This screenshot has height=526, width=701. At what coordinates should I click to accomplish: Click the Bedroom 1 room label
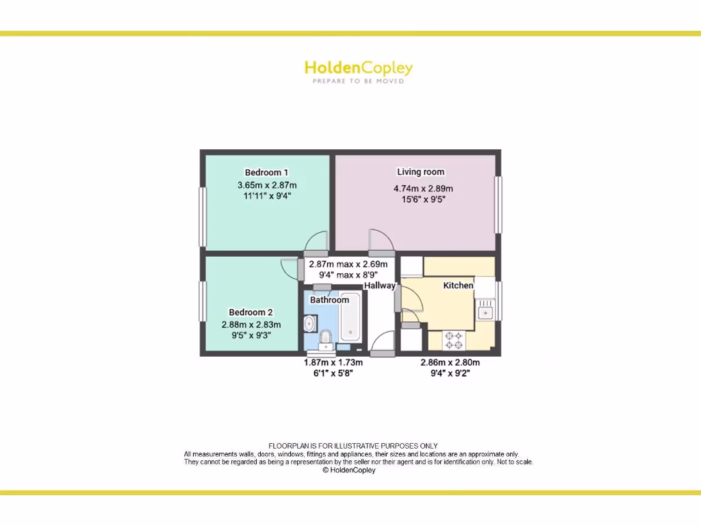click(x=266, y=172)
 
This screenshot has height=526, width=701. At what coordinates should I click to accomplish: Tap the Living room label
click(x=420, y=172)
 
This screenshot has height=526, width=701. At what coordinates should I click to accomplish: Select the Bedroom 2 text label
click(x=251, y=312)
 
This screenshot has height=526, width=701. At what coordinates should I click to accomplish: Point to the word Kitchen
click(x=458, y=285)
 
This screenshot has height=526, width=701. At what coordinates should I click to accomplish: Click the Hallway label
click(x=379, y=286)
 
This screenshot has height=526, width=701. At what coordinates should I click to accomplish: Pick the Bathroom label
click(x=329, y=300)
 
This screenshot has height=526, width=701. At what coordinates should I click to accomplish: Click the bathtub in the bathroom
click(x=349, y=321)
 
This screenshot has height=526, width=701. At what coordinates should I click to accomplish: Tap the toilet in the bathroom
click(x=325, y=336)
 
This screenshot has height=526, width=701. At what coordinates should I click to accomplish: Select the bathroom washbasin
click(x=309, y=322)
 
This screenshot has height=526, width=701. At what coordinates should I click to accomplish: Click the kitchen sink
click(x=486, y=312)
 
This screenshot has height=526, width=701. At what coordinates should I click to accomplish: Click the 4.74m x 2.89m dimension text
click(x=423, y=188)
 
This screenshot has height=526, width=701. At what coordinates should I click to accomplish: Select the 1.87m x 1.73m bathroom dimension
click(x=333, y=362)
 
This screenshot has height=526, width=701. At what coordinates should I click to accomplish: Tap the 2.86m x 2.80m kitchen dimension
click(x=450, y=362)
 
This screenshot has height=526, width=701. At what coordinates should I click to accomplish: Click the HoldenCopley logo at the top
click(x=358, y=68)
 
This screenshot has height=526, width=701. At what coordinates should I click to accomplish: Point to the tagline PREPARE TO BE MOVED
click(x=358, y=81)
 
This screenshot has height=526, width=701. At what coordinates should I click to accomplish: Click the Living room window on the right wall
click(x=498, y=204)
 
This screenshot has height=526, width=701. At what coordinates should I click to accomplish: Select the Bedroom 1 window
click(x=203, y=216)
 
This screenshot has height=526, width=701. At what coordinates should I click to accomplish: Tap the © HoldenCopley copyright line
click(x=349, y=471)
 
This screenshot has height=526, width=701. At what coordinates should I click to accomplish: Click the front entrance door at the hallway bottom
click(x=382, y=353)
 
